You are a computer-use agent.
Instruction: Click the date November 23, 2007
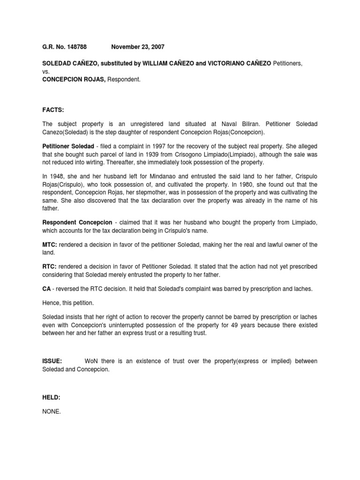coord(138,47)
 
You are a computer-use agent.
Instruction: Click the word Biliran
coord(252,124)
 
